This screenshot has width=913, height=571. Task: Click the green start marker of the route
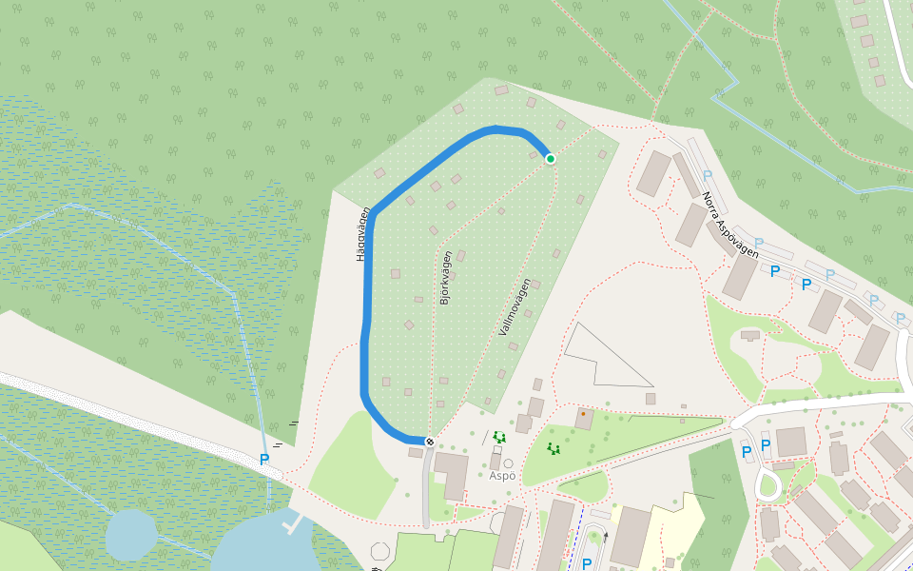pos(550,159)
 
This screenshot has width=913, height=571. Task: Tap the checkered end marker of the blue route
pos(430,442)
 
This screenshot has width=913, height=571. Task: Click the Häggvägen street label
pos(362,234)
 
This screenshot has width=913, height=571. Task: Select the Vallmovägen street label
pos(515,306)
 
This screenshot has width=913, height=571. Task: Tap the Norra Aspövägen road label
pos(729,226)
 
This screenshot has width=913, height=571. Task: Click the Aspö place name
pos(502,476)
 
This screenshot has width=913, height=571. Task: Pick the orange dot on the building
pos(583,414)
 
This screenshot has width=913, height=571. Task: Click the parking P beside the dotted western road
pos(264,460)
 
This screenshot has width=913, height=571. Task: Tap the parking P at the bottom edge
pos(586,563)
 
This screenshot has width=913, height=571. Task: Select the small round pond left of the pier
pos(130,535)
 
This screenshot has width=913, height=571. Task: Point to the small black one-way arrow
pos(606,538)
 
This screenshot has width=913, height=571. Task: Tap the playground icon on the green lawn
pos(553,448)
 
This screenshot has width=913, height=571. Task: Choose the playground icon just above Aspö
pos(498,438)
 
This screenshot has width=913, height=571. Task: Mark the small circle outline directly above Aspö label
pos(508,463)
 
